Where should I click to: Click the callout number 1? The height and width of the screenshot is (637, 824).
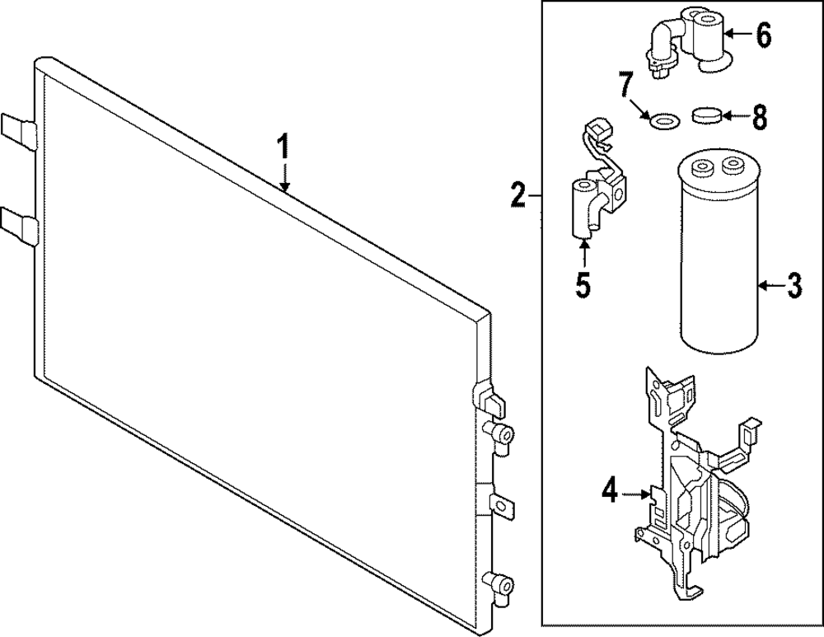[283, 149]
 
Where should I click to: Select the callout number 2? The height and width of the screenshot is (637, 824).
[517, 196]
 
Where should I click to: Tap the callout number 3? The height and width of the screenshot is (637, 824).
[794, 286]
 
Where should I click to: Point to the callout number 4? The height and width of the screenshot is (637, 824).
[609, 493]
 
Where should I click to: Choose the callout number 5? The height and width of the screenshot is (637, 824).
[583, 285]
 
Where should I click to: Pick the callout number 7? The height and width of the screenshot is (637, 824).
[626, 85]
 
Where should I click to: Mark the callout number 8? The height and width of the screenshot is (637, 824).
[759, 118]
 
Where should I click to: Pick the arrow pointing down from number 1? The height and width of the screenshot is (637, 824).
[284, 177]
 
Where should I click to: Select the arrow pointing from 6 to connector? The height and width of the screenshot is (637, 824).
[737, 35]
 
